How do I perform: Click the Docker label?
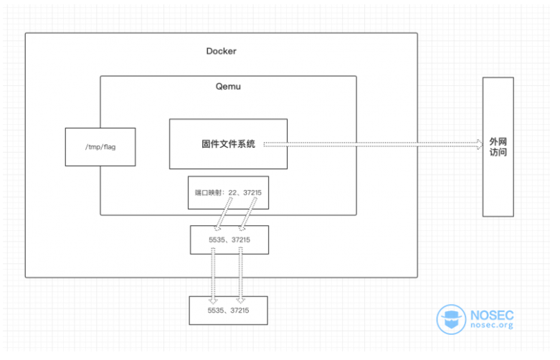221,51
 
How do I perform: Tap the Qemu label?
227,87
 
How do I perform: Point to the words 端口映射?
207,193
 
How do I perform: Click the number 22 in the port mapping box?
232,193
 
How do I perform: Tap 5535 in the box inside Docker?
216,239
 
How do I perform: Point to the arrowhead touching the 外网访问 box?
479,144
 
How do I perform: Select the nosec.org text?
493,326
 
